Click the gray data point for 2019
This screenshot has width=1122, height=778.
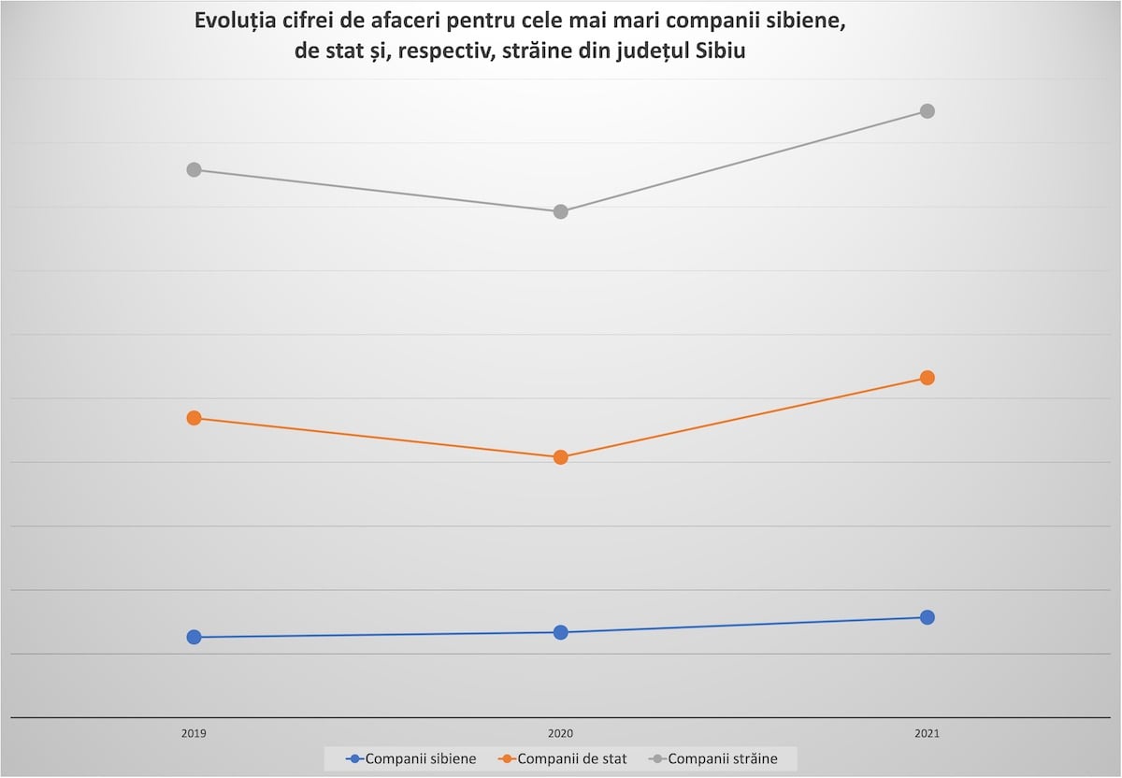[194, 169]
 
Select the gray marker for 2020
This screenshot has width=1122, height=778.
[561, 211]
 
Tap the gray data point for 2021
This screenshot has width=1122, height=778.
[928, 111]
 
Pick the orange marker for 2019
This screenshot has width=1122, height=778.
[194, 418]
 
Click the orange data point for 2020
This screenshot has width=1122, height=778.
[561, 457]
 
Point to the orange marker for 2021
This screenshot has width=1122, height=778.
[928, 378]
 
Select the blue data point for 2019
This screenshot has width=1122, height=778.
[194, 637]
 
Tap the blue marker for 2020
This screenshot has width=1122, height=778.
[561, 632]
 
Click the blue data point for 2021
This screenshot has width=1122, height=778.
[928, 617]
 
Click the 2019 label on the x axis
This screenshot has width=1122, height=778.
[194, 735]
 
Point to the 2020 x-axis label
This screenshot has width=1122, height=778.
[561, 735]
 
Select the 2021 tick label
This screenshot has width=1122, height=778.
[928, 735]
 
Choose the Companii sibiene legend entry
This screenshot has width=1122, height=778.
[410, 758]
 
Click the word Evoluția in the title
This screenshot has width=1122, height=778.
[237, 22]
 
